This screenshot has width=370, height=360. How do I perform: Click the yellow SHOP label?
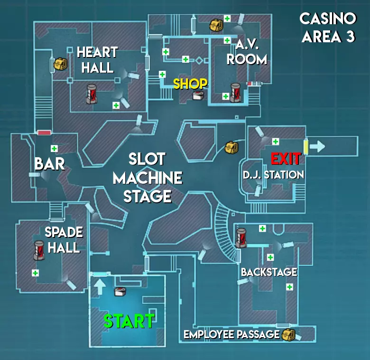(190, 84)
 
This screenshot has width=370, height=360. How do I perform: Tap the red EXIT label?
(286, 158)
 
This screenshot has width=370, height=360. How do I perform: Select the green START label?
(129, 322)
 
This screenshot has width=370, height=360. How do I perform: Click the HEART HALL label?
(97, 59)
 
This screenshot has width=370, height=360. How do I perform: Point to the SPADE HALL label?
(64, 240)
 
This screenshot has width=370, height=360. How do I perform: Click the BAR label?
(49, 164)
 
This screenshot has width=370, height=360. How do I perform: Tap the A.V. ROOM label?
(247, 53)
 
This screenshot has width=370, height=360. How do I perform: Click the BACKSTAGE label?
(269, 272)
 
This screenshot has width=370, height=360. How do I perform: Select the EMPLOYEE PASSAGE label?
(231, 334)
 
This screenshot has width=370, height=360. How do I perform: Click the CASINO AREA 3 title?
(328, 28)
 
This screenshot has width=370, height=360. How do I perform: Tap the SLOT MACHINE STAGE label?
(148, 178)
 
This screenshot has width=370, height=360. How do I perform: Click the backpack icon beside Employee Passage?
(288, 334)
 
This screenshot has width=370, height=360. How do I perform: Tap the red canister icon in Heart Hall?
(92, 94)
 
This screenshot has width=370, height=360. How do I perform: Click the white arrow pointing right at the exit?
(317, 146)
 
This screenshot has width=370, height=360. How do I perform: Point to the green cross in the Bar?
(54, 148)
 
